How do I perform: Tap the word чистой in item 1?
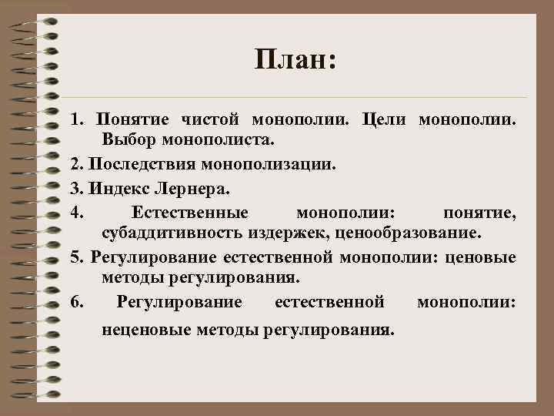pos(212,120)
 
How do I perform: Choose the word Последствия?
pos(142,164)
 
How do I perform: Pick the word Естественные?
pos(189,211)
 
